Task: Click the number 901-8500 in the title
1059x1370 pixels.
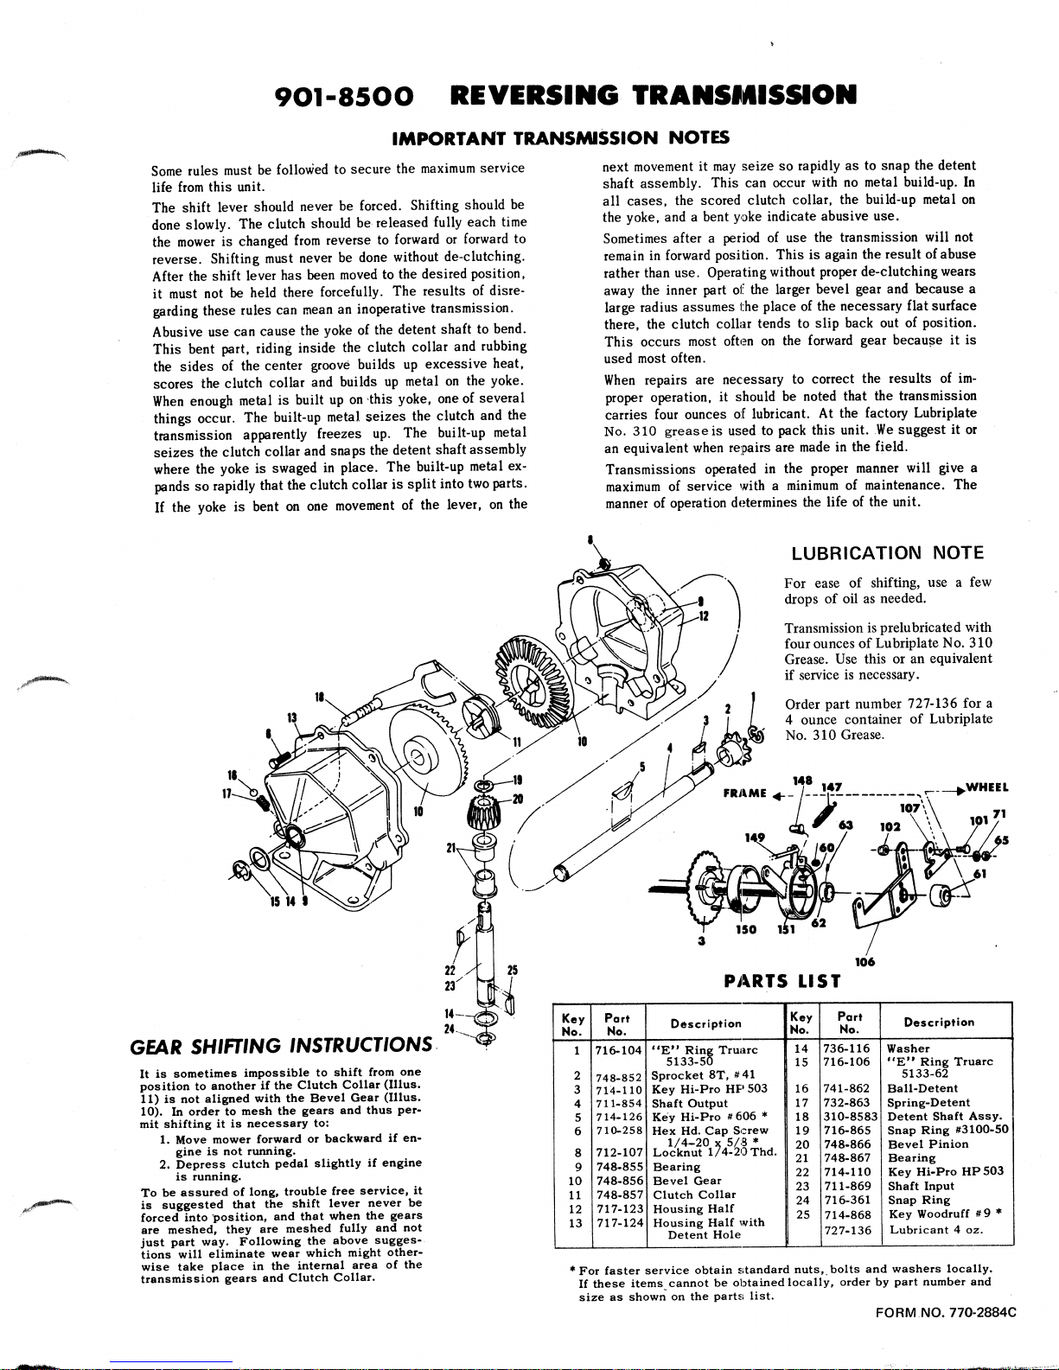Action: pyautogui.click(x=342, y=94)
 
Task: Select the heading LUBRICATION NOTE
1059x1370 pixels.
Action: pyautogui.click(x=888, y=553)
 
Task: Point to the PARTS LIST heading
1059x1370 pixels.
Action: pyautogui.click(x=783, y=980)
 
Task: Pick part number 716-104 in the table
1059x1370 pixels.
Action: pyautogui.click(x=618, y=1049)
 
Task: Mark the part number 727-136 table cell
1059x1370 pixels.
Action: pyautogui.click(x=847, y=1230)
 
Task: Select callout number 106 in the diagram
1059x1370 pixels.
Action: pyautogui.click(x=864, y=962)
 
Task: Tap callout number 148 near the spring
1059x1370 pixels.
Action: pyautogui.click(x=803, y=780)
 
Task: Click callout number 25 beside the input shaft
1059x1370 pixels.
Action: pyautogui.click(x=512, y=971)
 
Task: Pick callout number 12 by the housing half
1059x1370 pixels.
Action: pyautogui.click(x=705, y=615)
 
